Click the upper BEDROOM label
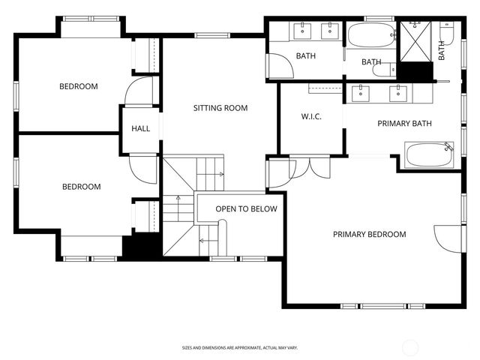[79, 86]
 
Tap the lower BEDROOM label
[81, 187]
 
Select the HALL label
[141, 128]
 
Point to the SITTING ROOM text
[220, 108]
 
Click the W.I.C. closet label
[311, 116]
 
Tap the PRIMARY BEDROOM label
[369, 235]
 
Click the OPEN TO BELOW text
[246, 209]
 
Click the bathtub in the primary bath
[430, 157]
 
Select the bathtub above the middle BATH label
[370, 34]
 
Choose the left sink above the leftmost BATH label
[303, 31]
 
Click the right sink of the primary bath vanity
[396, 94]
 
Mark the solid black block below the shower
[415, 72]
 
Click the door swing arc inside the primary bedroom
[447, 238]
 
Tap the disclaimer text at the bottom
[240, 347]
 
